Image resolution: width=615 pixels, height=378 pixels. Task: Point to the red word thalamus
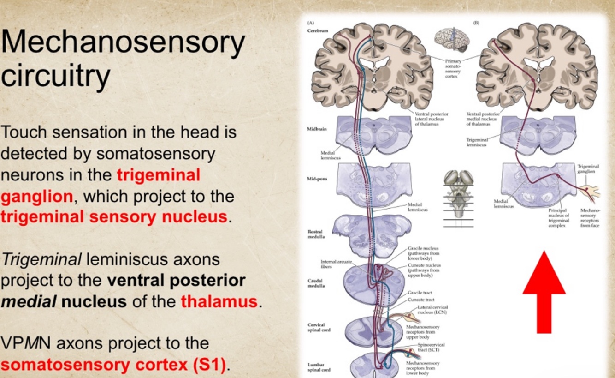[219, 301]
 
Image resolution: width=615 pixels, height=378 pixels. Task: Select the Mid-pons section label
[317, 179]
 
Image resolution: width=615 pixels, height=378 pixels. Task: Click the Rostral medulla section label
[316, 234]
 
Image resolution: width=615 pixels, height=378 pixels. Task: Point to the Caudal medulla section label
[316, 283]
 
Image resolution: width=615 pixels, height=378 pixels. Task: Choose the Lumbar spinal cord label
[319, 367]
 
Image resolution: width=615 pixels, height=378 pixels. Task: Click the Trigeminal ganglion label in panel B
[588, 168]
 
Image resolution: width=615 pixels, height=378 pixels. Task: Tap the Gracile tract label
[420, 293]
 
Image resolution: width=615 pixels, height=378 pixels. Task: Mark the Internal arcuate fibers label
[330, 264]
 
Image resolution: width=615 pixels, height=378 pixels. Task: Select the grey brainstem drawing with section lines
[458, 194]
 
